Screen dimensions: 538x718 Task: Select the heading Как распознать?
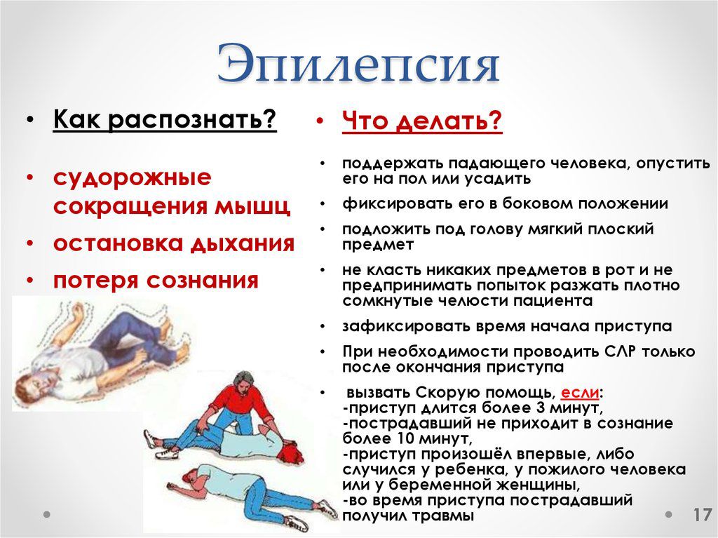tap(165, 120)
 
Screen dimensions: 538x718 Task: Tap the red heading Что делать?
tap(422, 122)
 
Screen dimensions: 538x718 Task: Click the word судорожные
tap(133, 177)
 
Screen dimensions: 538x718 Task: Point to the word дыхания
tap(243, 243)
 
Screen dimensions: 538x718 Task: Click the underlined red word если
tap(580, 392)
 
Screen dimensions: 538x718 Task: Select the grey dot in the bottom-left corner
tap(47, 514)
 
